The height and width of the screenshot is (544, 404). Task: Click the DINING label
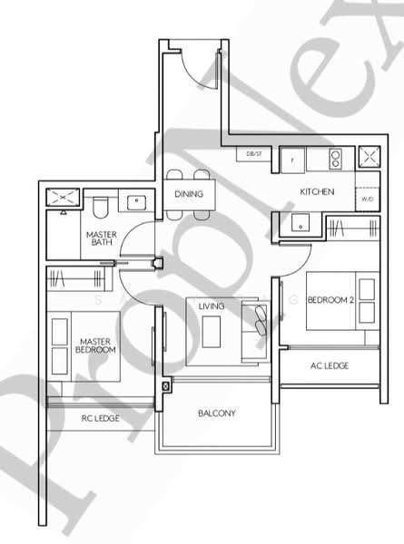point(188,194)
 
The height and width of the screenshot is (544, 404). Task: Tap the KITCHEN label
point(318,192)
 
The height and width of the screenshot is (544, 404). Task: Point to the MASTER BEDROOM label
point(94,345)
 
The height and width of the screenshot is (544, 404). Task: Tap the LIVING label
point(212,307)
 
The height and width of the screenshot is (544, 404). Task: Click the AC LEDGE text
point(330,365)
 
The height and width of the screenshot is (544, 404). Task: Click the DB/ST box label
point(253,155)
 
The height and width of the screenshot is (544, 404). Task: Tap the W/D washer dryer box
point(367,199)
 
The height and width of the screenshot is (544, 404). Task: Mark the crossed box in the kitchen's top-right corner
point(370,158)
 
